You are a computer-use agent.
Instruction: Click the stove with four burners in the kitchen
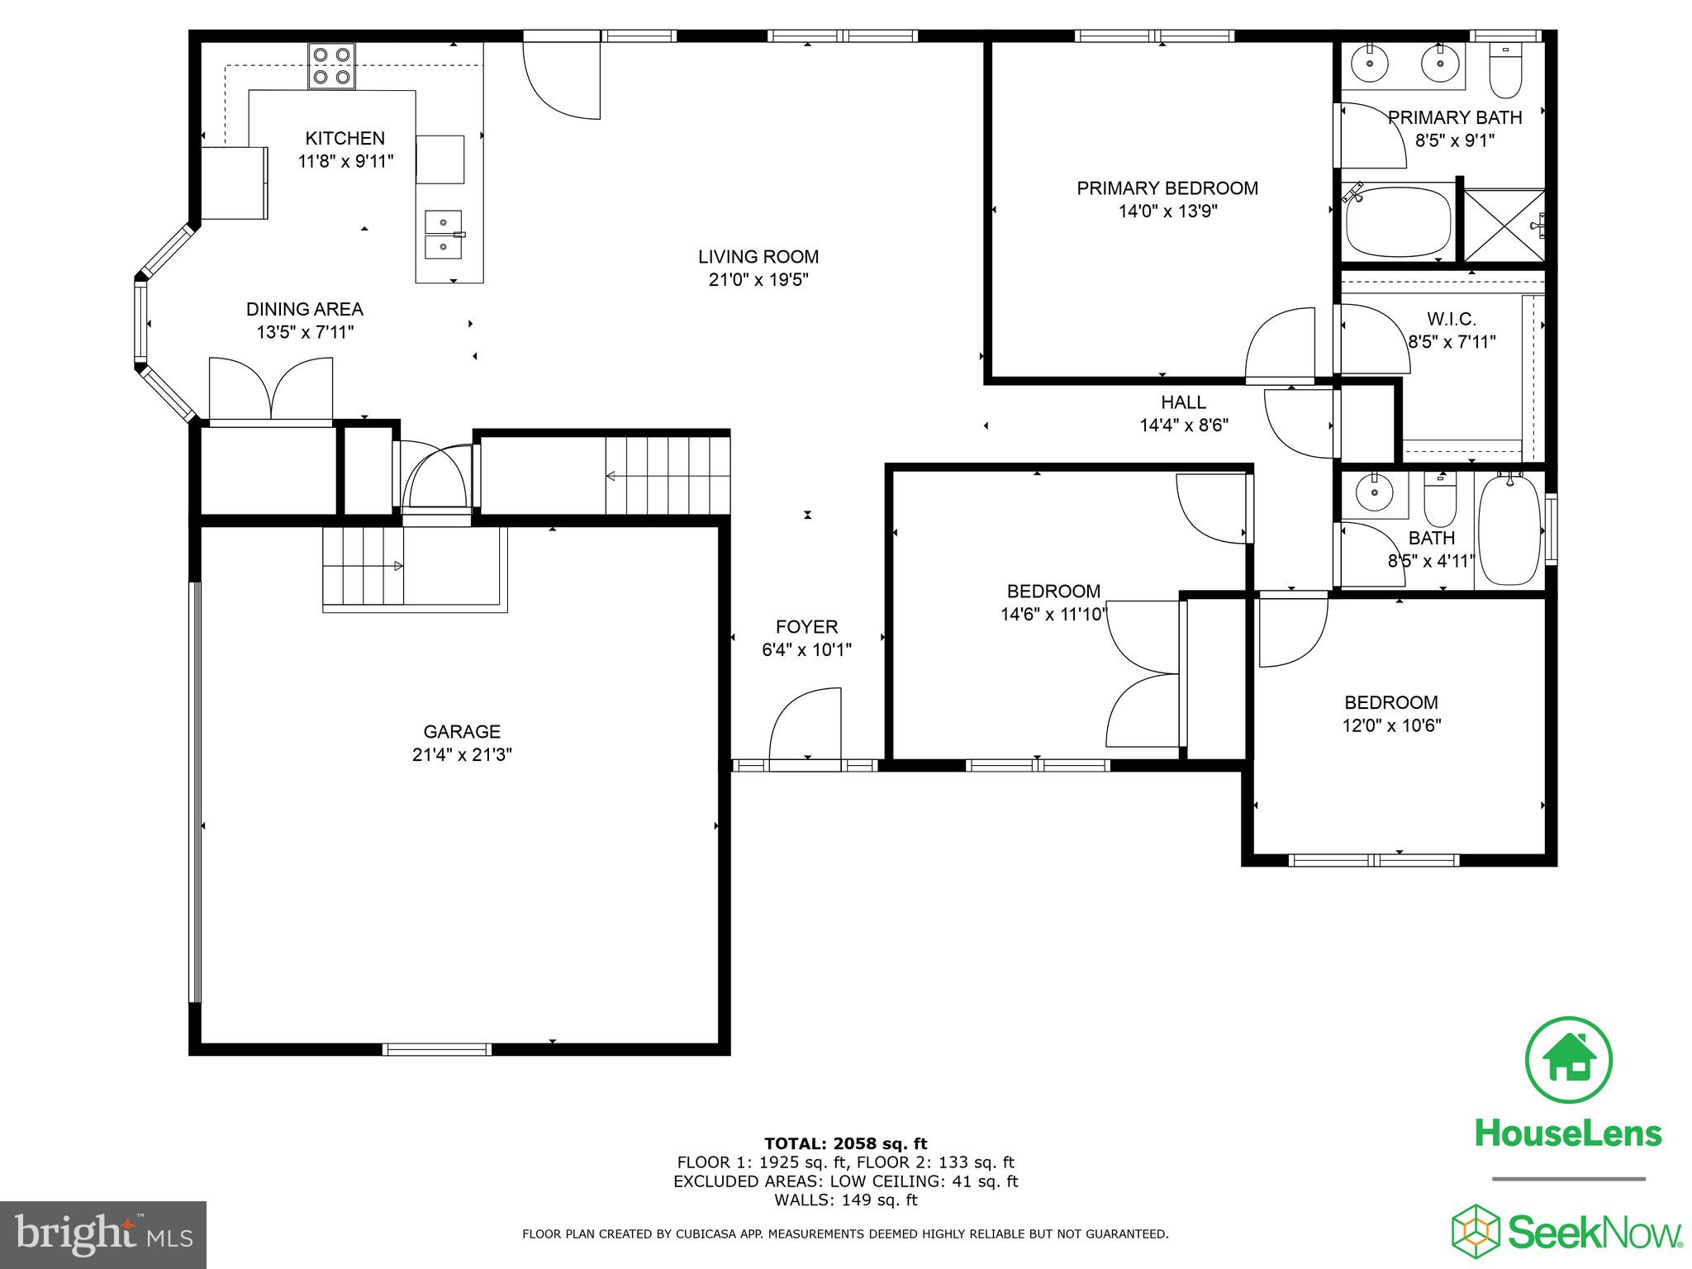(x=331, y=67)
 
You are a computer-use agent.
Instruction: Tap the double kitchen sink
(x=444, y=235)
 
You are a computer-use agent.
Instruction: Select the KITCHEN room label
(x=345, y=138)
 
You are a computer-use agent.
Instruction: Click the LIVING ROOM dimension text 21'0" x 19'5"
(x=758, y=280)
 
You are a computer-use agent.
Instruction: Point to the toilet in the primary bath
(x=1504, y=73)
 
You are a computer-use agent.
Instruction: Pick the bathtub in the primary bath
(x=1398, y=222)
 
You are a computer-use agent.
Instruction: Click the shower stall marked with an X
(x=1503, y=226)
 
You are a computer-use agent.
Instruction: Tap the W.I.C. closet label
(x=1451, y=319)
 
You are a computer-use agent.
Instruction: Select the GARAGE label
(x=462, y=731)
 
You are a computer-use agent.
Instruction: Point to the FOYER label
(x=806, y=627)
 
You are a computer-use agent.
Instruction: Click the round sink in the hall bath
(x=1374, y=495)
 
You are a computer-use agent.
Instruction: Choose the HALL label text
(x=1183, y=402)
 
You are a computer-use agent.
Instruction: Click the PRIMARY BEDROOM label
(x=1167, y=188)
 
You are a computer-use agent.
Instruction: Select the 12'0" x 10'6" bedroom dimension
(x=1391, y=725)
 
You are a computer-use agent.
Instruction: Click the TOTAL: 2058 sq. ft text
(x=845, y=1143)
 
